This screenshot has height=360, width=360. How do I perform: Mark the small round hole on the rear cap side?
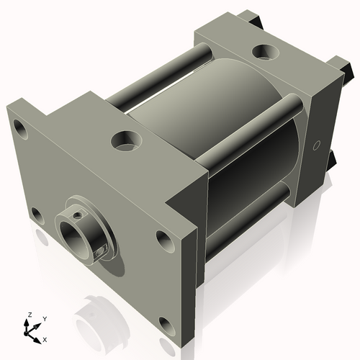click(315, 145)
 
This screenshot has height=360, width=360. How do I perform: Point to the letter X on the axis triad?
click(45, 338)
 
